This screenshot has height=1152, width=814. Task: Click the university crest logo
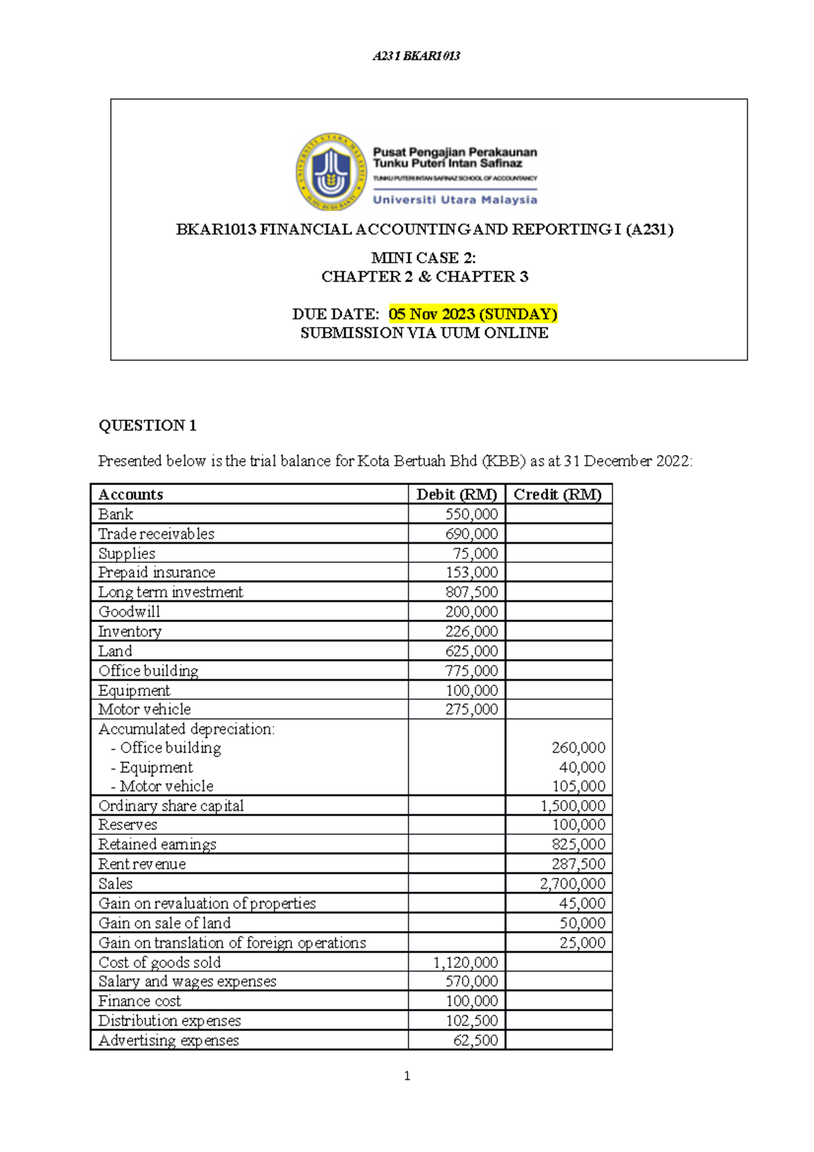330,172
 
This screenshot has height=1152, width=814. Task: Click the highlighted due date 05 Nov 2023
473,314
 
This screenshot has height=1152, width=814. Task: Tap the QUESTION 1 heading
147,425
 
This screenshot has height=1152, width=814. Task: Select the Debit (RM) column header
457,494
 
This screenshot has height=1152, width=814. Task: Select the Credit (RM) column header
558,494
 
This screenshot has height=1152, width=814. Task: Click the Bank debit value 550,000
471,514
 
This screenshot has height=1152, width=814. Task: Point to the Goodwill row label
130,612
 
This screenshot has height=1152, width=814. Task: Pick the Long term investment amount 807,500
471,592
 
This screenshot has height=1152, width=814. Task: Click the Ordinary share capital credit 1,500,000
573,806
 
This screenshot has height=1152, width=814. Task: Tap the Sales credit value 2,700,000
573,884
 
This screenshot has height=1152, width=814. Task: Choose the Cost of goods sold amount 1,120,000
465,963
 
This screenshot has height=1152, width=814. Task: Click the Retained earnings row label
157,845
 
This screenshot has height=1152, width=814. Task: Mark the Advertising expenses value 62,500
476,1041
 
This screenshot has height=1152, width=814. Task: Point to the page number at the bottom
407,1076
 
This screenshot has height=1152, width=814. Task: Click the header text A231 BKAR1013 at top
416,56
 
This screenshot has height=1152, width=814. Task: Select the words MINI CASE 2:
423,258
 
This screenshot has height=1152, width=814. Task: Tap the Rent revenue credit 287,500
578,864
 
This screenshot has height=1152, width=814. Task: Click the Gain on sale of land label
165,923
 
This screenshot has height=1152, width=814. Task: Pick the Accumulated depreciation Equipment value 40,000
582,767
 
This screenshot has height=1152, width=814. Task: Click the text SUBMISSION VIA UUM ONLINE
424,333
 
